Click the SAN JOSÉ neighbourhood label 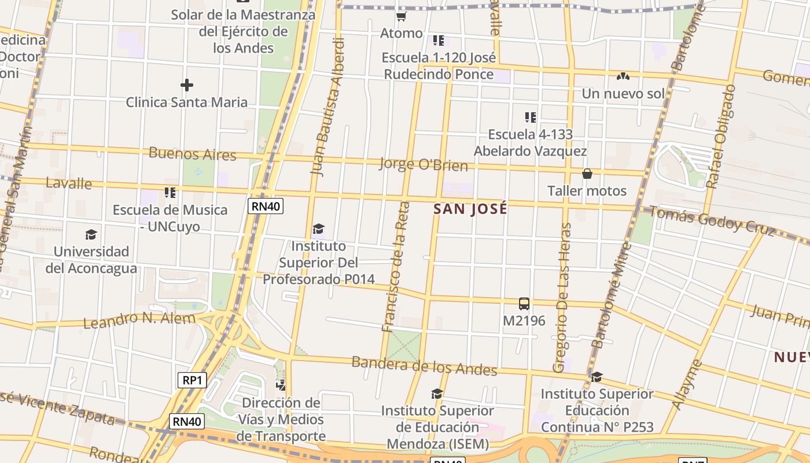(470, 209)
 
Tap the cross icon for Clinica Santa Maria (186, 86)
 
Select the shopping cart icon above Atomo (401, 16)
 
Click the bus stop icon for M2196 (524, 304)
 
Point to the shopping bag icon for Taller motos (587, 174)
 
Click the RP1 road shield (192, 380)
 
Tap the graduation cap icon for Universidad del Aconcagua (91, 234)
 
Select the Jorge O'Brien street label (423, 164)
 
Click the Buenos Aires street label (193, 154)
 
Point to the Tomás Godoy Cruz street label (712, 221)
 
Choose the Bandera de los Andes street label (424, 366)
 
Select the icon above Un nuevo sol (623, 76)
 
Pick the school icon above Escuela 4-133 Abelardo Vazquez (530, 117)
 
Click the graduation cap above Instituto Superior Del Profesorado (318, 229)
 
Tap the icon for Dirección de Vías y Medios (281, 385)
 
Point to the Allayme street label (687, 385)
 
